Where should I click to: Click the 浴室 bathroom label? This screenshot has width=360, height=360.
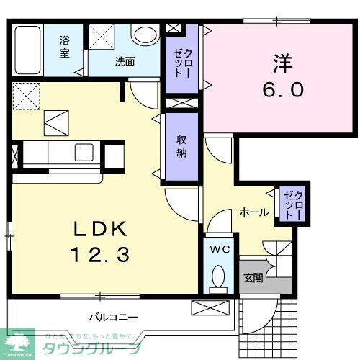click(64, 48)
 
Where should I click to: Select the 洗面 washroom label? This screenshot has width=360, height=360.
click(125, 61)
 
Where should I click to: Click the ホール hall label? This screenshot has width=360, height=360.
click(254, 212)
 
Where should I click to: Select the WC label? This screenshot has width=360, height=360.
click(219, 249)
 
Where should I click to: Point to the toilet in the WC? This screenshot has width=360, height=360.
click(219, 278)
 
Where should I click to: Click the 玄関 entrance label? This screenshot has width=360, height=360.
click(253, 278)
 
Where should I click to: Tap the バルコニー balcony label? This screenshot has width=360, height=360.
click(114, 316)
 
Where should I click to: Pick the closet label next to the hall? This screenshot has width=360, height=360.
click(292, 204)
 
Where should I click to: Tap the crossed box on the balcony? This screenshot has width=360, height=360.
click(211, 308)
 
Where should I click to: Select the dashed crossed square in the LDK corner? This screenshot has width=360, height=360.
click(27, 95)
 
